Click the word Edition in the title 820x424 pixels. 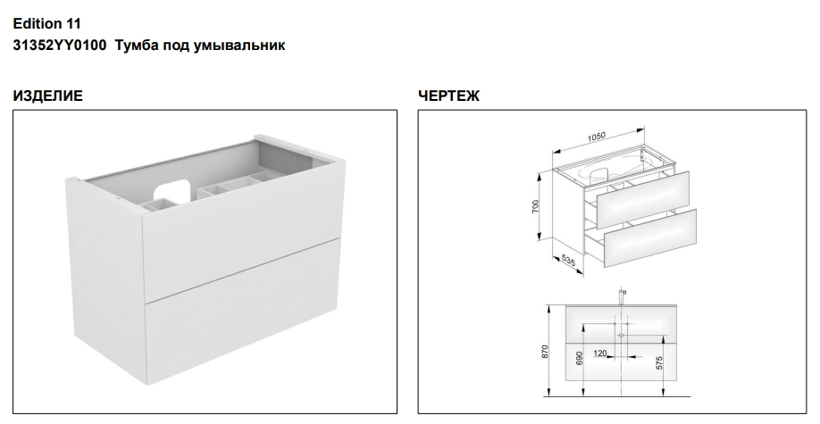click(x=37, y=24)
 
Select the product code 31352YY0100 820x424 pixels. click(x=59, y=46)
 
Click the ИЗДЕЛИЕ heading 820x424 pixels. click(x=47, y=96)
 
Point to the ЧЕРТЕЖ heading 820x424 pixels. click(x=448, y=96)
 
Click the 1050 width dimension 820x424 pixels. click(x=596, y=137)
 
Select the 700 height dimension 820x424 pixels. click(x=534, y=206)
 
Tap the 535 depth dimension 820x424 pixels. click(x=567, y=260)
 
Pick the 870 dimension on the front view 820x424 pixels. click(x=545, y=352)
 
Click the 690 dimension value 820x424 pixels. click(x=579, y=359)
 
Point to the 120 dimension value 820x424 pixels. click(x=600, y=354)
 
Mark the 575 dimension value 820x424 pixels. click(x=659, y=362)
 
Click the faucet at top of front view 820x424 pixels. click(x=622, y=296)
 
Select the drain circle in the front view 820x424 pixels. click(x=622, y=335)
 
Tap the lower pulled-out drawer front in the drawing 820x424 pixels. click(x=650, y=237)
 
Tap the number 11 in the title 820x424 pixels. click(x=73, y=24)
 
